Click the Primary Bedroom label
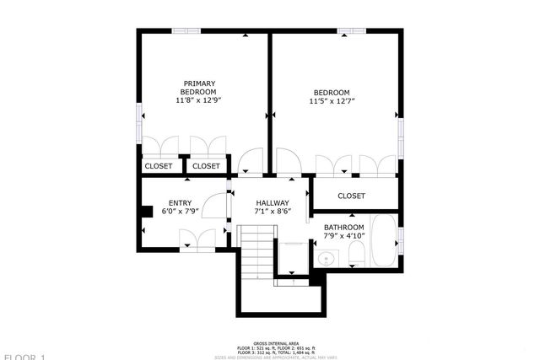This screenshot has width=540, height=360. tap(200, 87)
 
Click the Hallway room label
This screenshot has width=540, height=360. tap(273, 203)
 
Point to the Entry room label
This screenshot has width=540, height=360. tap(180, 203)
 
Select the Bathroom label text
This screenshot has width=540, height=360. tap(343, 228)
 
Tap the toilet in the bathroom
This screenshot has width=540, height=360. tap(356, 254)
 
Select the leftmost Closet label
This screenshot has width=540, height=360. tap(158, 166)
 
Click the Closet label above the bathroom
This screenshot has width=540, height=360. tap(351, 196)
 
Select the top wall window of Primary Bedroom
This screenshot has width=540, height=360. tap(186, 31)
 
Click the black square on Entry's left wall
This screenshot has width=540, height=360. tap(145, 212)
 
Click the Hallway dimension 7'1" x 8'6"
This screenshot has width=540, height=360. tap(273, 213)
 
